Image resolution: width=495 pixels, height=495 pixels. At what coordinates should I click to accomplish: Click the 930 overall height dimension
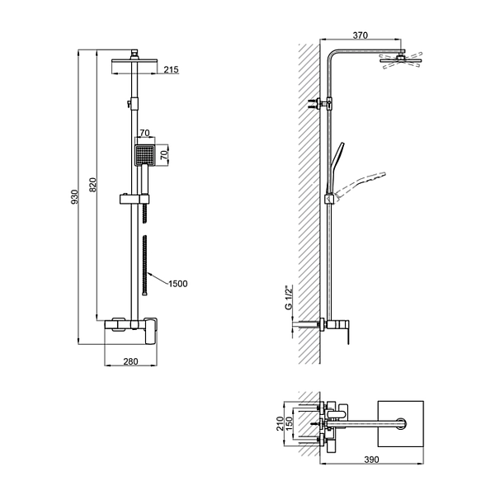pyautogui.click(x=74, y=196)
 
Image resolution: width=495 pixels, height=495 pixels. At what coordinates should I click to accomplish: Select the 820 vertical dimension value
pyautogui.click(x=92, y=185)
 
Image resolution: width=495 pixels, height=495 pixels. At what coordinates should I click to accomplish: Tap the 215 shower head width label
pyautogui.click(x=171, y=70)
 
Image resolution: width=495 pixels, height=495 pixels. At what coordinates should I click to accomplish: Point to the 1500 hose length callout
pyautogui.click(x=178, y=284)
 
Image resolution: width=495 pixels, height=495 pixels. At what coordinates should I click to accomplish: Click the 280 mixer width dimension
pyautogui.click(x=130, y=361)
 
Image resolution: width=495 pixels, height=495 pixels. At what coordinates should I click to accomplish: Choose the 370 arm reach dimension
pyautogui.click(x=361, y=35)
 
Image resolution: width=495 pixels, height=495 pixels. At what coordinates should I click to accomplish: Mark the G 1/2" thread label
pyautogui.click(x=290, y=297)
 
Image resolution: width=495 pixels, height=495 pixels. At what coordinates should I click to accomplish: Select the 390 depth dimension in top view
pyautogui.click(x=371, y=460)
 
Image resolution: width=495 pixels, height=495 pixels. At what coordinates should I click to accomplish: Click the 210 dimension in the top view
pyautogui.click(x=280, y=423)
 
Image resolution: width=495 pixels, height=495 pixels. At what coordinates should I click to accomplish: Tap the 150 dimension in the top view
pyautogui.click(x=290, y=423)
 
